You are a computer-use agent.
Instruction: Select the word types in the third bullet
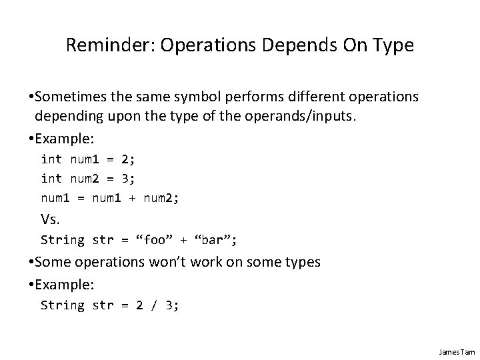point(301,262)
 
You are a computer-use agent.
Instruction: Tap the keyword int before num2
point(51,179)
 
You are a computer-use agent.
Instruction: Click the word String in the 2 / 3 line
point(62,305)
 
